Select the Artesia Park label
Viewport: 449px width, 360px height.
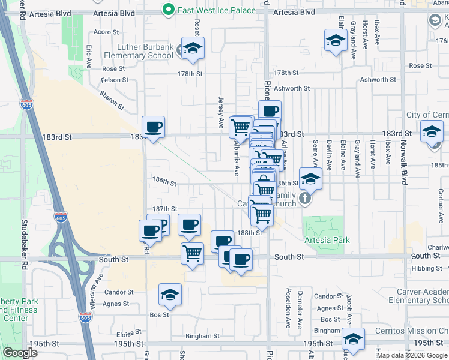pos(327,240)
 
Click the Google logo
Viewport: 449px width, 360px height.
pos(20,353)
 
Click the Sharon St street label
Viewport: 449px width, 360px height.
pos(112,100)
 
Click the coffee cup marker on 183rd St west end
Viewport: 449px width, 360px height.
pos(153,127)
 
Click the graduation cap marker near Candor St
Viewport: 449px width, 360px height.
pos(170,295)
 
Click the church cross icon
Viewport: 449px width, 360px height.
pos(306,199)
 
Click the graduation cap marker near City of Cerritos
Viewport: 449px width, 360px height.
pos(432,131)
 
